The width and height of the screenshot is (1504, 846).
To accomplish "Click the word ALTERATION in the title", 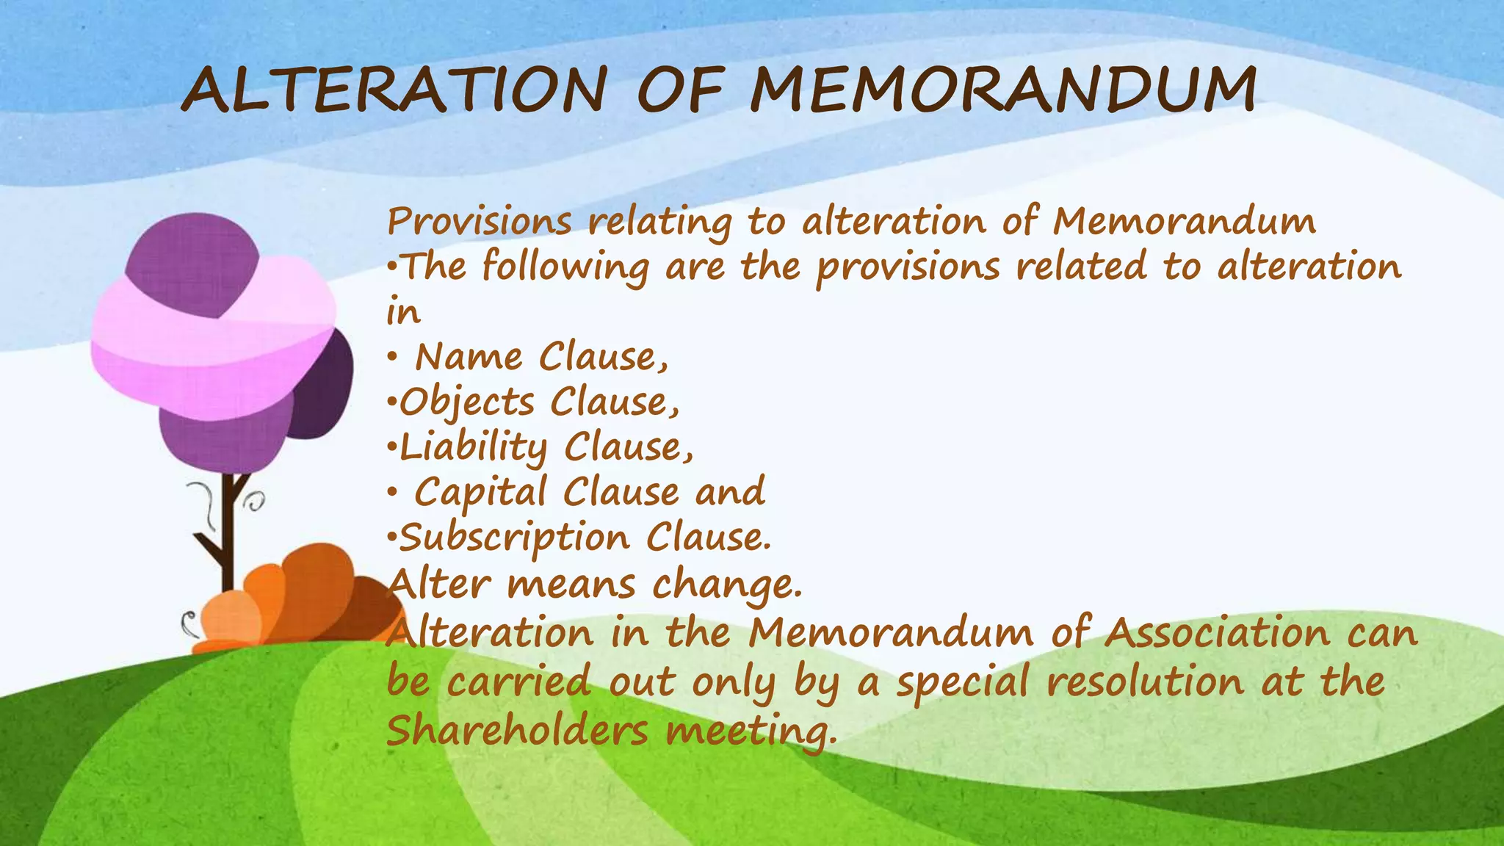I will click(x=394, y=91).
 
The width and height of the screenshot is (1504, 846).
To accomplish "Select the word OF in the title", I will click(x=679, y=91).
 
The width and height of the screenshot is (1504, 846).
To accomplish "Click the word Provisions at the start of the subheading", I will click(x=479, y=222).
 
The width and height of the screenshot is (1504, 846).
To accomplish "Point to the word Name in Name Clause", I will click(x=469, y=358).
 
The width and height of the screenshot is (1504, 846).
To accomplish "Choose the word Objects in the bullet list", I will click(x=467, y=404).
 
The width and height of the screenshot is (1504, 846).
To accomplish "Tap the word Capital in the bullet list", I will click(x=480, y=493).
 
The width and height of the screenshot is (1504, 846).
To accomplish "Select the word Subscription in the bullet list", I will click(x=514, y=538).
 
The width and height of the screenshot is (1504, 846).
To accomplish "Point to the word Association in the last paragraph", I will click(x=1217, y=633).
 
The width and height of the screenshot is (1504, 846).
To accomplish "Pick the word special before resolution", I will click(x=963, y=682).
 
